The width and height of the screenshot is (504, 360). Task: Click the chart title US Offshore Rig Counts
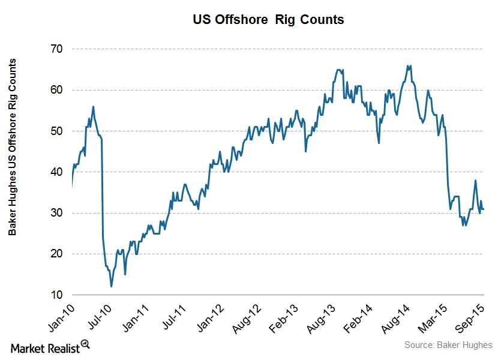coord(268,19)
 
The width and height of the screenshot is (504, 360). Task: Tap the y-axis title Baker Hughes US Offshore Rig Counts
coord(11,147)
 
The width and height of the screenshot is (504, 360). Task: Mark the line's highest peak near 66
coord(409,65)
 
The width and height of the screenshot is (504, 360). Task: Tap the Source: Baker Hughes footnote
coord(448,345)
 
